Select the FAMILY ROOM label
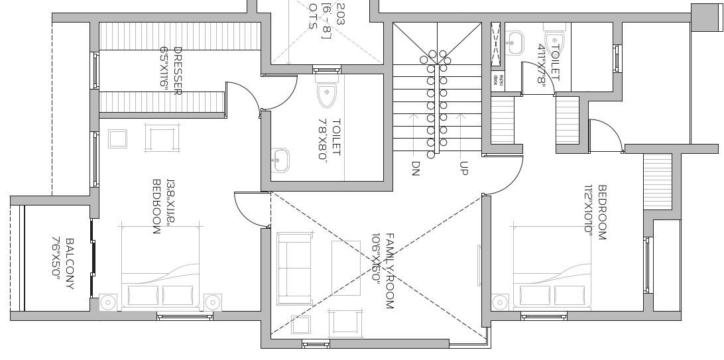coord(389,272)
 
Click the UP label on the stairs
coord(463,168)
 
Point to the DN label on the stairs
coord(416,168)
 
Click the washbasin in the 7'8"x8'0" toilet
coord(280,160)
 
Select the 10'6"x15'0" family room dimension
coord(376,259)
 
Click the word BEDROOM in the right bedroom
coord(602,213)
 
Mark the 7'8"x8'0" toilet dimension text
coord(324,139)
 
